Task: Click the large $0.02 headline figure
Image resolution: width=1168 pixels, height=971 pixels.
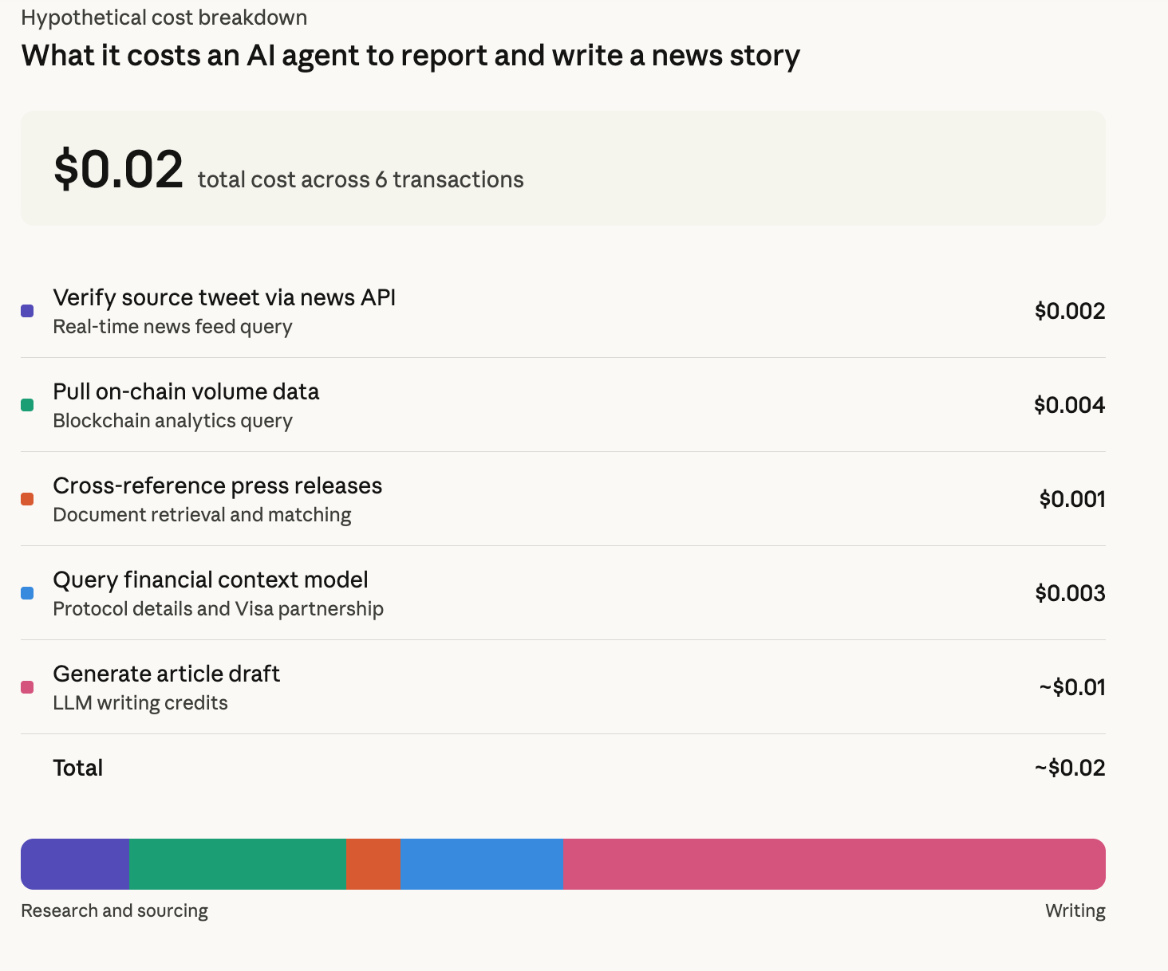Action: click(x=118, y=169)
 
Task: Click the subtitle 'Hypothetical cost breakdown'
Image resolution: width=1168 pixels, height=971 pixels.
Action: click(x=164, y=18)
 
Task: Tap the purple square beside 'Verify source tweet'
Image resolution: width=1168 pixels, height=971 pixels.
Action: click(x=27, y=311)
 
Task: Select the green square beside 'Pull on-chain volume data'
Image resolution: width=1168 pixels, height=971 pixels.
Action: click(x=27, y=405)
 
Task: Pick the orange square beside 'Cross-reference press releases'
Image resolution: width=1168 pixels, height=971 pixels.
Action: click(x=27, y=499)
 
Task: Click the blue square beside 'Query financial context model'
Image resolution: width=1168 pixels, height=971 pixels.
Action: click(x=27, y=593)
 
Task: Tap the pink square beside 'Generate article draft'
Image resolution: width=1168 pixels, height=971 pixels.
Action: click(x=27, y=687)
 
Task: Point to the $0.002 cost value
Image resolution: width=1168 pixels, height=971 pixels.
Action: click(x=1069, y=311)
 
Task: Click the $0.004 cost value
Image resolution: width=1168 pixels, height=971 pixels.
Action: click(x=1069, y=405)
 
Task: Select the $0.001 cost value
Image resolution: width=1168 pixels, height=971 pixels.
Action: click(x=1071, y=499)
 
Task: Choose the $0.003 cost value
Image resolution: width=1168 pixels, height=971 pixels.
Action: click(x=1069, y=593)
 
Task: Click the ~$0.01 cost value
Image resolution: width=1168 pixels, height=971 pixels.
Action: click(x=1071, y=687)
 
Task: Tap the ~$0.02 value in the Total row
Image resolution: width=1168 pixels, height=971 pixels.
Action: click(x=1069, y=768)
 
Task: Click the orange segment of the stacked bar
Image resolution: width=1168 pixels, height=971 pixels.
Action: click(x=373, y=864)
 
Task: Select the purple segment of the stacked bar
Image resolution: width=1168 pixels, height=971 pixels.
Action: click(x=75, y=864)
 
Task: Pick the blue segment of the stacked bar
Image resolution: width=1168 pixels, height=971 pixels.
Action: click(x=481, y=864)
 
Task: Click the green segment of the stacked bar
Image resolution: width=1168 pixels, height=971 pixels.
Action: click(x=237, y=864)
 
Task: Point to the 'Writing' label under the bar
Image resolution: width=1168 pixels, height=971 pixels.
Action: click(x=1075, y=910)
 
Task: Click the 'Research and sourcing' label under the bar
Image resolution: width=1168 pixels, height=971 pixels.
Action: click(x=114, y=910)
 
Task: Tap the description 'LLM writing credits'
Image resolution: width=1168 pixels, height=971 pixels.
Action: click(x=140, y=703)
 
